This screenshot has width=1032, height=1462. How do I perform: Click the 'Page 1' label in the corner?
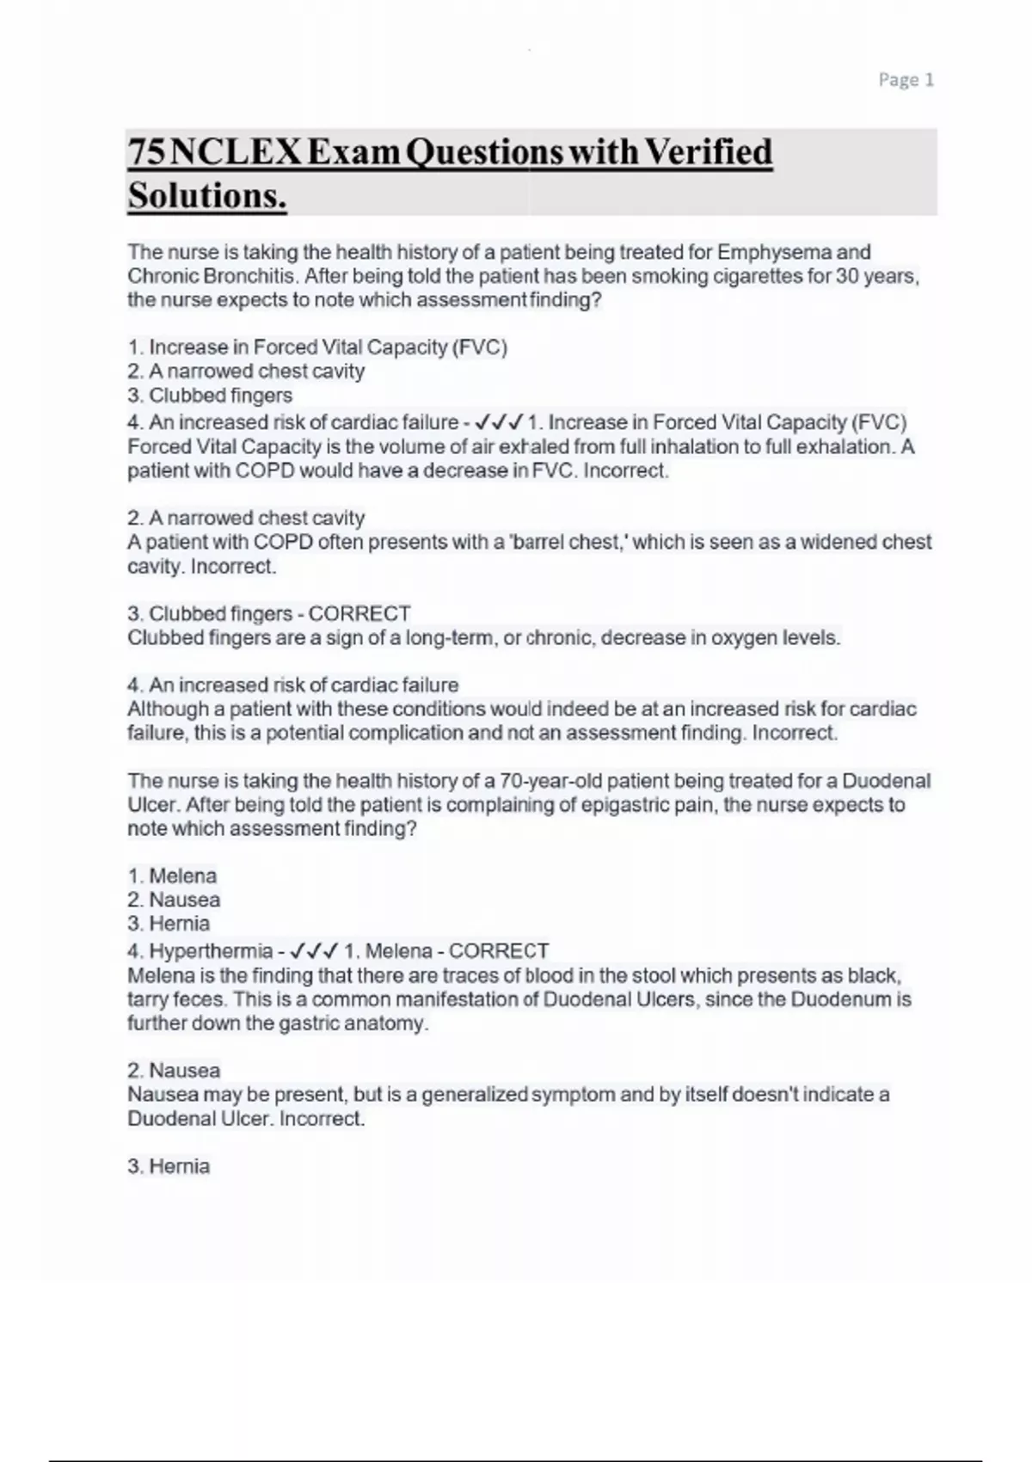point(906,80)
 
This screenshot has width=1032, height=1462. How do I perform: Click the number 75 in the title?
point(146,152)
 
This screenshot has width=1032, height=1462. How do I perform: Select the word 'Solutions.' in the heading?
point(206,196)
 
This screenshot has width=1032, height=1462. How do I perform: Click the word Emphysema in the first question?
point(774,252)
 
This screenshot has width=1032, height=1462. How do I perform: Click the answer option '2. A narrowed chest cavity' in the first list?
point(246,372)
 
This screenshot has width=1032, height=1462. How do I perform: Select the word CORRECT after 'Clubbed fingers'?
point(359,614)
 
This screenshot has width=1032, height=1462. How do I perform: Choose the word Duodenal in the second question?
point(886,781)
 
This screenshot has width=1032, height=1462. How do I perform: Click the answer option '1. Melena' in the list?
point(172,876)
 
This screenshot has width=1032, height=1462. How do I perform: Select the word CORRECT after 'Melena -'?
point(499,951)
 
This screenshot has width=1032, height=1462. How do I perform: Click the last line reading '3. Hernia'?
point(169,1166)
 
